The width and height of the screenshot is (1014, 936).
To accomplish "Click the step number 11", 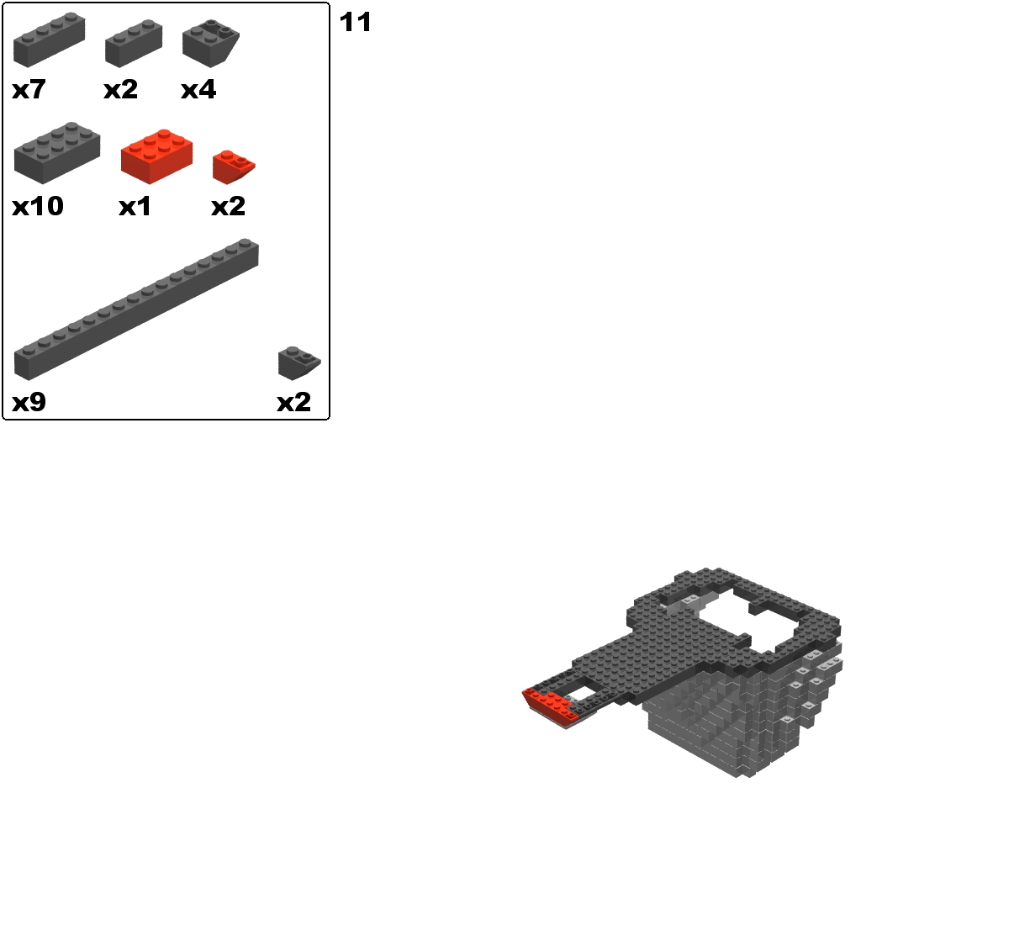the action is (356, 23).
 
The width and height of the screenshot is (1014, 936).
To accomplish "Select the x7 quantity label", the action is (29, 89).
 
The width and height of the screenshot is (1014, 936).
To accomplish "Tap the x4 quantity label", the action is (198, 89).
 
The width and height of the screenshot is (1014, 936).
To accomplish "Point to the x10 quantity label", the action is (38, 206).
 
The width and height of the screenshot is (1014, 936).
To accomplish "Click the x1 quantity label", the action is (135, 206).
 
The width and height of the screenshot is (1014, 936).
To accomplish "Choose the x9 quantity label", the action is (29, 402).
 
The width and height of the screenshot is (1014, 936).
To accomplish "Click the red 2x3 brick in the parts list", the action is (156, 156).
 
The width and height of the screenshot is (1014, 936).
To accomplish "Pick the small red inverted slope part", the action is (234, 167).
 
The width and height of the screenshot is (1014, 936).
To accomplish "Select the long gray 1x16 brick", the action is (136, 309).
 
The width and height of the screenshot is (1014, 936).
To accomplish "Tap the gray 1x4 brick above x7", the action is (49, 40).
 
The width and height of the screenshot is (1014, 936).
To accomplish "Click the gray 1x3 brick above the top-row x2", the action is (134, 44).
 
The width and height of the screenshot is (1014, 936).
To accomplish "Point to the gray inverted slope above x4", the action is (210, 44).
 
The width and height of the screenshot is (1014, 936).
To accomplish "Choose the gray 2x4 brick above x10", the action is (56, 153).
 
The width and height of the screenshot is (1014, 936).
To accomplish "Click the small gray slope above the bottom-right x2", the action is (299, 363).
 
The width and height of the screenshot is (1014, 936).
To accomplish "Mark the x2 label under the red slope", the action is (228, 206).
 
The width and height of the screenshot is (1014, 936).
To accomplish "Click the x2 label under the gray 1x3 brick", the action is (120, 89).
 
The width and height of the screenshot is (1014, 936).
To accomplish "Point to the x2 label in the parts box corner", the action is (294, 402).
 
